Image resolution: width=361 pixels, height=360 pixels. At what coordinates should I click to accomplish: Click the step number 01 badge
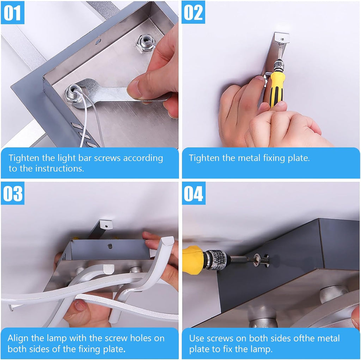click(x=12, y=12)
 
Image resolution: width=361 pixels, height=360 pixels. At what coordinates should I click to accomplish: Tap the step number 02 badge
click(x=193, y=12)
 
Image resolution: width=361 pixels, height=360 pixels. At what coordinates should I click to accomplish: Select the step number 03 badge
click(x=13, y=193)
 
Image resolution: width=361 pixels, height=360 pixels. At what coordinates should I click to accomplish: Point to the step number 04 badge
click(x=194, y=193)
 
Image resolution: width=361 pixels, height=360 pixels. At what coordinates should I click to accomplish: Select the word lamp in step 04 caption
click(x=262, y=349)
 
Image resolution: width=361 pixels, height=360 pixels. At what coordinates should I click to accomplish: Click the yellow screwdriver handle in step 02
click(x=276, y=88)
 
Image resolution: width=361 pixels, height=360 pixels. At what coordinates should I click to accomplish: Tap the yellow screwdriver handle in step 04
click(x=193, y=260)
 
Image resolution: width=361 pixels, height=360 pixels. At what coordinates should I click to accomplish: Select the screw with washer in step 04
click(x=262, y=260)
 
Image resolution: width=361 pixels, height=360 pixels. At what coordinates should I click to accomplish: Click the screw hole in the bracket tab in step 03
click(x=107, y=226)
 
